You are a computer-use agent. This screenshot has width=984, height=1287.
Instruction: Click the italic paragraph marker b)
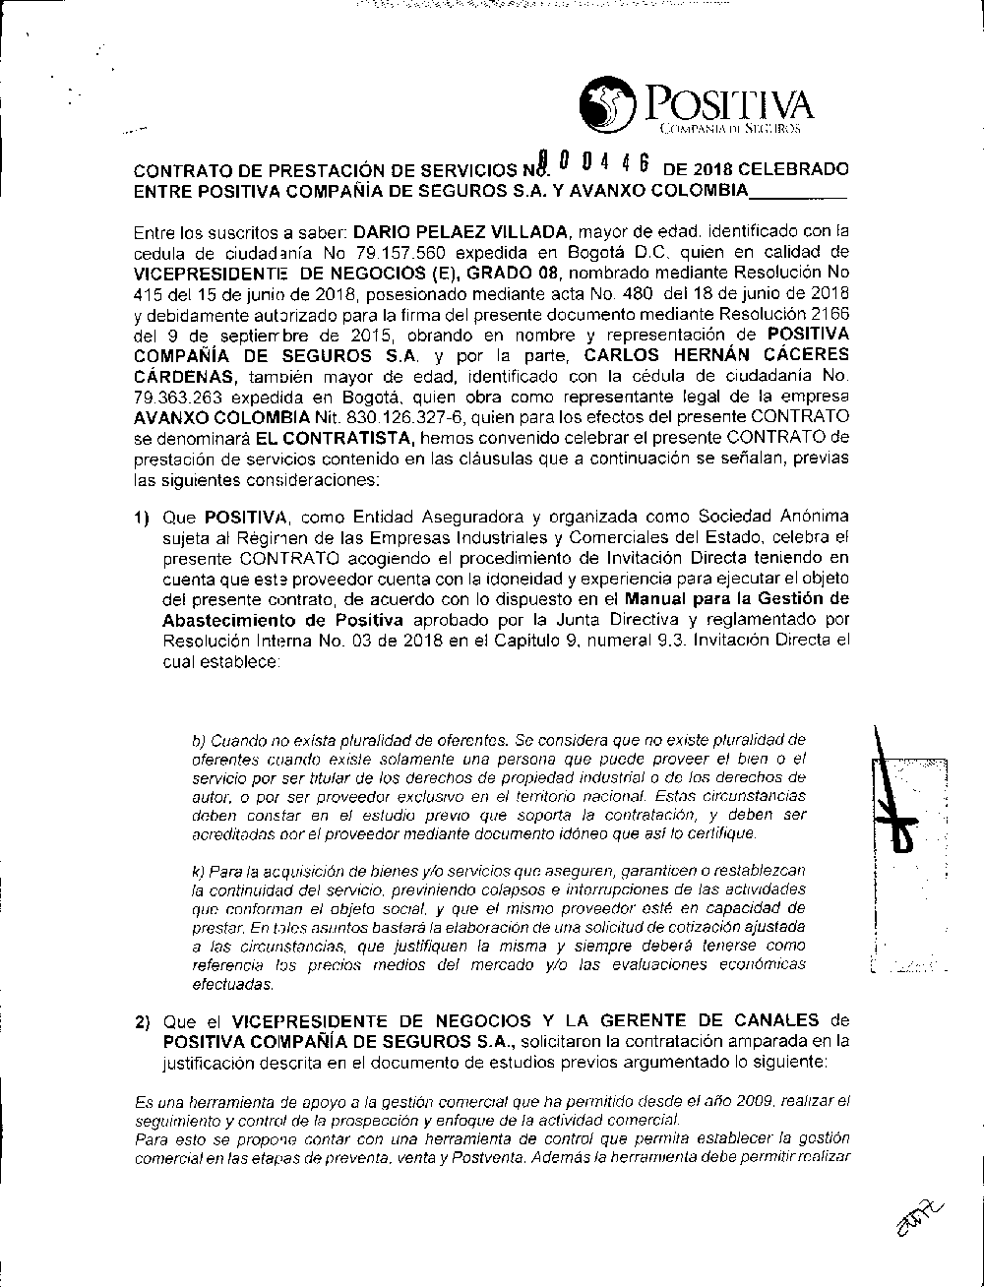click(x=199, y=739)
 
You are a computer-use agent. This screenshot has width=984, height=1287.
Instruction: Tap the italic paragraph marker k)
click(x=199, y=871)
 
